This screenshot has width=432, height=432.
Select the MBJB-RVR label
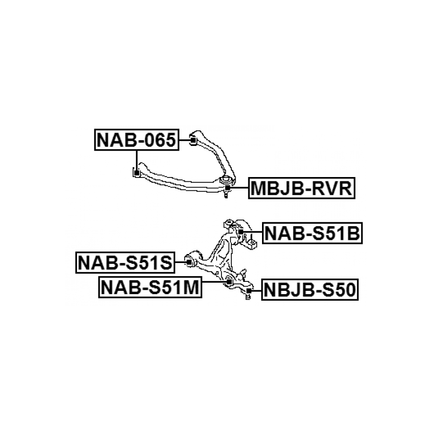point(302,188)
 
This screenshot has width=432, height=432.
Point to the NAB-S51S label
point(126,263)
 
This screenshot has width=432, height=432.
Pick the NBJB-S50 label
point(310,289)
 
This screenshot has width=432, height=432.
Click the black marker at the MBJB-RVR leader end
point(228,188)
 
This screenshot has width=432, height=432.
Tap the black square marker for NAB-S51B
point(240,232)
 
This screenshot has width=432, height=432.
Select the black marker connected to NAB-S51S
point(189,262)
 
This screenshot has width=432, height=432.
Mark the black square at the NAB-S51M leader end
point(229,281)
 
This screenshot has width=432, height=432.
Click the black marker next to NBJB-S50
point(249,290)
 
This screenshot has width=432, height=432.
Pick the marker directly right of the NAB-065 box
point(194,140)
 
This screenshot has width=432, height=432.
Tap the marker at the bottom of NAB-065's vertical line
point(136,173)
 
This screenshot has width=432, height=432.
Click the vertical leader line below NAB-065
point(136,161)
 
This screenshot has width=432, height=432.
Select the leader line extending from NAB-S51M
point(214,281)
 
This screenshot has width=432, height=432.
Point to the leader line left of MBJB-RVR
point(239,188)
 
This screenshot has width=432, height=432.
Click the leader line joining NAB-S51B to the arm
point(253,232)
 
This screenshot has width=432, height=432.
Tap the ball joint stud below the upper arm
point(227,195)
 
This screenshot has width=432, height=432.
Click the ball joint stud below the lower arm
point(248,296)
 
